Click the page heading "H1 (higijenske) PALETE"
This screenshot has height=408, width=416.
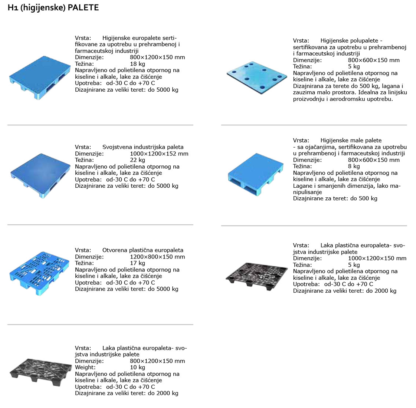point(53,8)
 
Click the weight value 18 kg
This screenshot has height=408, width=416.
point(137,64)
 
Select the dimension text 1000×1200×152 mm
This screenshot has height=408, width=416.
point(159,154)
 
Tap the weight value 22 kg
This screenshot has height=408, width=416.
point(137,160)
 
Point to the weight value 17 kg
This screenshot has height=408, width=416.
point(137,263)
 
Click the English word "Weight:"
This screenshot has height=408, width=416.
point(85,368)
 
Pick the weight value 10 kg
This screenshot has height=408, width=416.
point(137,368)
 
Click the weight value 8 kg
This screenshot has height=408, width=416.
point(354,167)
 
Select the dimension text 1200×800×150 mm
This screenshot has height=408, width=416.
point(157,257)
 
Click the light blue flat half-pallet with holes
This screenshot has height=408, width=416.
point(257,78)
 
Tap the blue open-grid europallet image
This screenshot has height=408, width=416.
point(40,273)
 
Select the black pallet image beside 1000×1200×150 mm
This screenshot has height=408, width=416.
point(256,276)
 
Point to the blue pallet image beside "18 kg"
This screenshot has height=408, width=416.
point(40,78)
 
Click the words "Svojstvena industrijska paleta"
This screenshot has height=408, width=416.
point(143,147)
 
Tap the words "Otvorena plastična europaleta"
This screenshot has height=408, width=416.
point(143,250)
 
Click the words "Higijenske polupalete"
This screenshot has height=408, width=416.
point(349,41)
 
